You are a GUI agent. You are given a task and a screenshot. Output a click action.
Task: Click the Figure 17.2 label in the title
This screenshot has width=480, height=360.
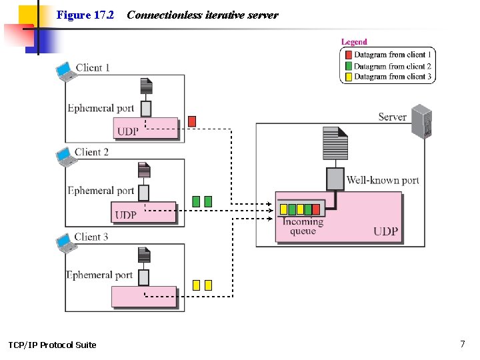[x=85, y=15]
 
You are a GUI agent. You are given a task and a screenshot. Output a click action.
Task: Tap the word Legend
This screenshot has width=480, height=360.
[x=354, y=42]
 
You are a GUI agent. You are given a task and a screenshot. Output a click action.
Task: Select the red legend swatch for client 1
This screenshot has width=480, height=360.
[x=349, y=55]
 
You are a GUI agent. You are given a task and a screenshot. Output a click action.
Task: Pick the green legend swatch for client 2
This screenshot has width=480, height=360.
[x=349, y=66]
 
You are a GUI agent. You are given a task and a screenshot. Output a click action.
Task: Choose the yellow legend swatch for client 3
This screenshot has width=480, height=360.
[x=349, y=77]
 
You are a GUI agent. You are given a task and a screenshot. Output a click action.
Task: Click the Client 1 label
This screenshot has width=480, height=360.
[x=93, y=67]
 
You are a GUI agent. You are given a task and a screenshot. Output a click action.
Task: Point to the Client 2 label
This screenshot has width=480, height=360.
[x=91, y=152]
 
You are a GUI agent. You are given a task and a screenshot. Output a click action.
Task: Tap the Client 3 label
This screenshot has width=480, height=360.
[x=91, y=237]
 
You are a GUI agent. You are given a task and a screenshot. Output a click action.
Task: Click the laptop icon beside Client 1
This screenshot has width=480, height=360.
[x=66, y=71]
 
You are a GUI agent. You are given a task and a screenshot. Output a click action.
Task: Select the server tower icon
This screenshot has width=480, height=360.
[x=421, y=121]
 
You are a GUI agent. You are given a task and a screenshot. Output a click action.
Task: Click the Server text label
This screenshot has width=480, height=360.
[x=392, y=117]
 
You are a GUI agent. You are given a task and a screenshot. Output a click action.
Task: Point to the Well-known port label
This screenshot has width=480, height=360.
[x=383, y=180]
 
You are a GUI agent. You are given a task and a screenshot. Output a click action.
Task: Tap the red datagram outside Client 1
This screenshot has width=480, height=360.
[x=192, y=121]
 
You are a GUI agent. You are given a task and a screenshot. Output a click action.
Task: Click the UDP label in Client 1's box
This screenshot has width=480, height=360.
[x=128, y=131]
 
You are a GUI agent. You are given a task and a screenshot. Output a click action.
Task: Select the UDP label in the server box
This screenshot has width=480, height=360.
[x=385, y=231]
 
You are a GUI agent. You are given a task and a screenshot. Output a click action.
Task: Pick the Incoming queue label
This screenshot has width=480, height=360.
[x=303, y=226]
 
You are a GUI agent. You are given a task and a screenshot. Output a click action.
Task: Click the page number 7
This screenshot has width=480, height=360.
[x=462, y=344]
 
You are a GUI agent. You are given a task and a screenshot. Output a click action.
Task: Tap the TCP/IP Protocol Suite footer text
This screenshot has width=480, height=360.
[x=52, y=345]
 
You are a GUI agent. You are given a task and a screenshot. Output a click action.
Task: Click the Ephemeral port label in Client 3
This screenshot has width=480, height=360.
[x=99, y=275]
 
